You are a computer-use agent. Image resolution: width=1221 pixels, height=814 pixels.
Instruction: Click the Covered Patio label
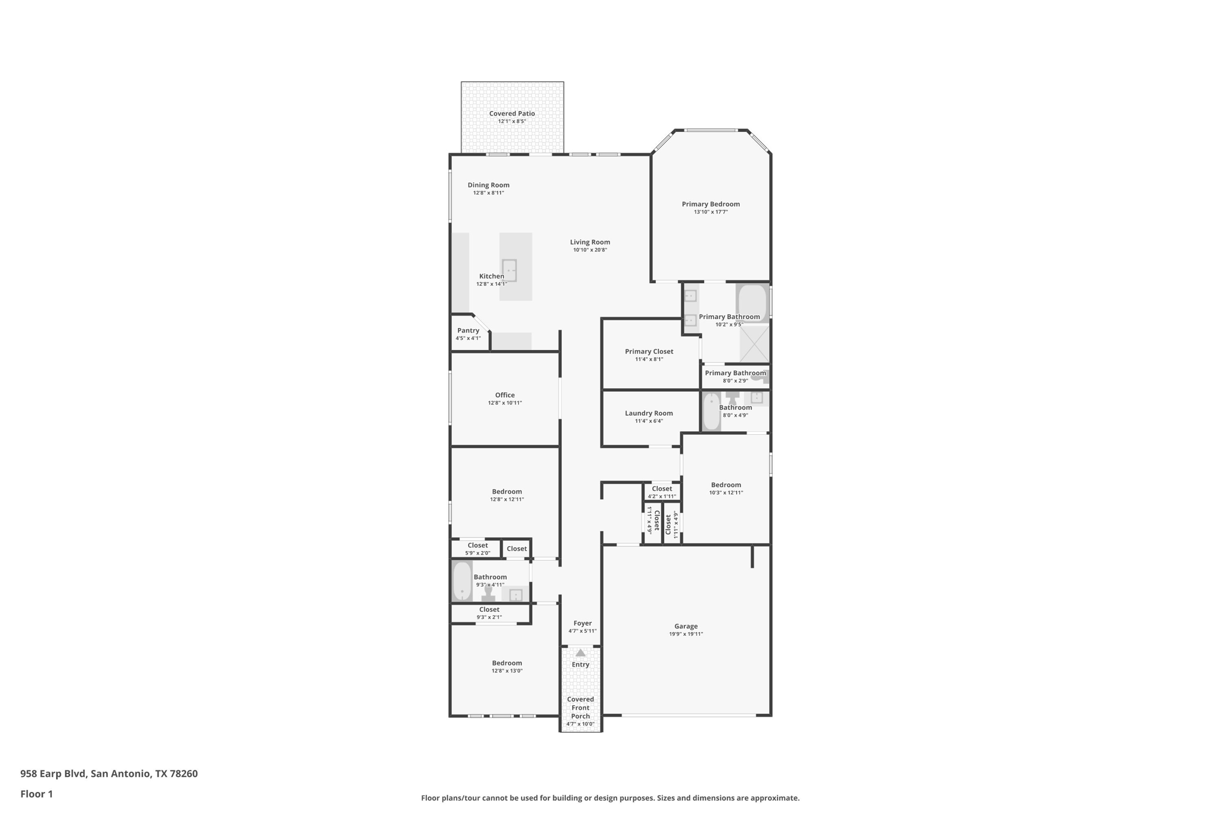click(512, 113)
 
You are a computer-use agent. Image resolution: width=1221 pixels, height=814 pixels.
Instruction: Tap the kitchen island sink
click(509, 270)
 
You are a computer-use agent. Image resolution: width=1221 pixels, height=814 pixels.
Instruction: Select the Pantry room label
click(468, 330)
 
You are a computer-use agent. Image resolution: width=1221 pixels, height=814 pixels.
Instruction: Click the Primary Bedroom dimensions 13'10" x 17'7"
click(711, 212)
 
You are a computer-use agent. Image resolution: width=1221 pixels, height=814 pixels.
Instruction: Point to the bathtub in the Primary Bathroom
click(752, 303)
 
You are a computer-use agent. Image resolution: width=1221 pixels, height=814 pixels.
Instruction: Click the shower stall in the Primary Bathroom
click(754, 343)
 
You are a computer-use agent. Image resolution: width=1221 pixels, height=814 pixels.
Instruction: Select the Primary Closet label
click(649, 351)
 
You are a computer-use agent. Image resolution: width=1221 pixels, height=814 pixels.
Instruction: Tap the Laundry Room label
click(649, 413)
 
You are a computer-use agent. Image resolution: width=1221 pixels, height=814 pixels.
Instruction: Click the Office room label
click(504, 395)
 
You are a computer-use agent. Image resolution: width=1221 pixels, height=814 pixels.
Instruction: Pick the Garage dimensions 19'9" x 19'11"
click(686, 634)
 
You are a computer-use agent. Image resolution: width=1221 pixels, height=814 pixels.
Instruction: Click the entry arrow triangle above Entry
click(580, 653)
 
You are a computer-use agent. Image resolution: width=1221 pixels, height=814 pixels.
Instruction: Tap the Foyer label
click(582, 623)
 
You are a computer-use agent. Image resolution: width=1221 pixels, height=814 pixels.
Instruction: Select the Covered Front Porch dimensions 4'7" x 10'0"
click(580, 724)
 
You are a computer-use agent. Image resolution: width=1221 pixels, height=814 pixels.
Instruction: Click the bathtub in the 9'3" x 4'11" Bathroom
click(461, 581)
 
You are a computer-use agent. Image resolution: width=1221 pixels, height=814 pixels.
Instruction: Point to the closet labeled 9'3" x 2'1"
click(489, 613)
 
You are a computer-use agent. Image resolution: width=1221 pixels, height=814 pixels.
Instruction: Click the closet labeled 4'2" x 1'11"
click(662, 492)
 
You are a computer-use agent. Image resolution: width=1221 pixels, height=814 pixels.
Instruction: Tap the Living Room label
click(590, 242)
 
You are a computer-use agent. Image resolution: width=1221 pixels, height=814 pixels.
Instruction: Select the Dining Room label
click(488, 185)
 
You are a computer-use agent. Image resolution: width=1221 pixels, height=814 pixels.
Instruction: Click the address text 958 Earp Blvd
click(54, 773)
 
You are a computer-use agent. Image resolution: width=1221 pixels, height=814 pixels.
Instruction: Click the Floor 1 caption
click(36, 794)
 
